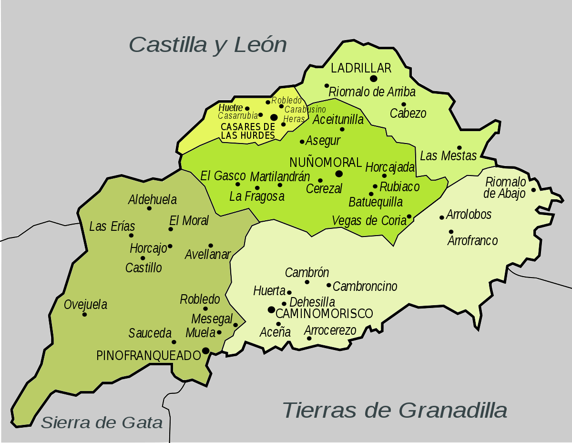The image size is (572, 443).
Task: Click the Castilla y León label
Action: click(x=208, y=45)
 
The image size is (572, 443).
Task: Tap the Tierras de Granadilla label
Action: click(x=395, y=410)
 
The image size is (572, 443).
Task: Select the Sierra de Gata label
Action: click(x=102, y=422)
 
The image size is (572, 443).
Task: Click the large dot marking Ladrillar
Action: click(x=374, y=78)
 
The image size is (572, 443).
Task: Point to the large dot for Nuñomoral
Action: click(x=339, y=174)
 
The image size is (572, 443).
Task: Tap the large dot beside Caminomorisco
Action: click(x=271, y=310)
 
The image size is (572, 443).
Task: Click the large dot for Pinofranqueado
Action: click(x=205, y=350)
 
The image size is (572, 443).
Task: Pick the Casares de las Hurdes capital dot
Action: click(x=274, y=117)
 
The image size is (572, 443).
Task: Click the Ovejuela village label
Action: click(x=86, y=304)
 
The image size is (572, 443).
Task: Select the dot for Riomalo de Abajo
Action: click(x=533, y=190)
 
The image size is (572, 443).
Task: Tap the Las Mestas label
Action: click(x=448, y=155)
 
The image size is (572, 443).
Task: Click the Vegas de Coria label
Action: click(x=368, y=221)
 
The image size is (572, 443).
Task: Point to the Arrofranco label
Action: click(x=472, y=241)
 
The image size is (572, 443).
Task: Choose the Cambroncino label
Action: click(x=365, y=286)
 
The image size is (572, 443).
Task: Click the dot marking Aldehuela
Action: click(x=149, y=208)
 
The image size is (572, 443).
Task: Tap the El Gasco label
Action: click(x=223, y=175)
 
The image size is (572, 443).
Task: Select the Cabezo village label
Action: click(x=408, y=113)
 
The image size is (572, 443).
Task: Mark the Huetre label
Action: click(x=231, y=108)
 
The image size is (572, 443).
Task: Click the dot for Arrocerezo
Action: click(x=309, y=339)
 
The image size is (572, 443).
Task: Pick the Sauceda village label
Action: click(x=150, y=333)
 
